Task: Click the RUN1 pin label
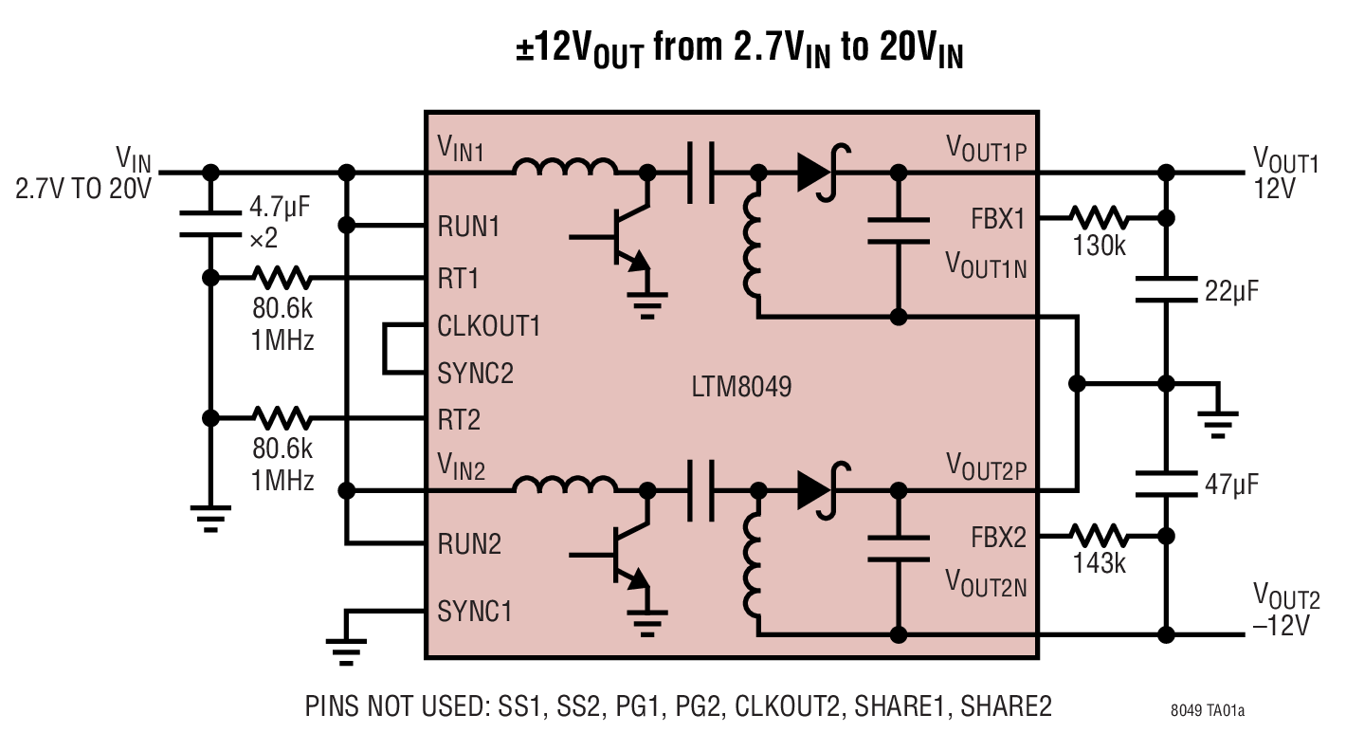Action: (468, 227)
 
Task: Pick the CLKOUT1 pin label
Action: (489, 326)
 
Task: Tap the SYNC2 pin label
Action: (475, 373)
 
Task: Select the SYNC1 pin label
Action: (474, 612)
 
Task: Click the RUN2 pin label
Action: (469, 544)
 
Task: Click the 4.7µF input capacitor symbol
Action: (210, 221)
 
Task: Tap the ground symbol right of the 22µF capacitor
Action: (1216, 420)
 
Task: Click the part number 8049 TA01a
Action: (1207, 710)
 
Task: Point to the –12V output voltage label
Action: (1285, 627)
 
